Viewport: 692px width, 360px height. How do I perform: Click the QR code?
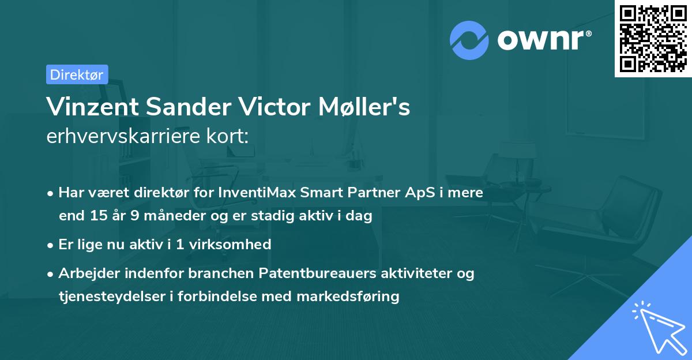tap(653, 39)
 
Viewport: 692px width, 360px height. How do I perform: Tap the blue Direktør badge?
tap(77, 74)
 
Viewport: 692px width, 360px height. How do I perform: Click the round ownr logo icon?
tap(469, 40)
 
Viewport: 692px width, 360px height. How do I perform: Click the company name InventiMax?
tap(251, 193)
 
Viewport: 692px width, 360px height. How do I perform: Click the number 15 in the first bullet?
tap(97, 216)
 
